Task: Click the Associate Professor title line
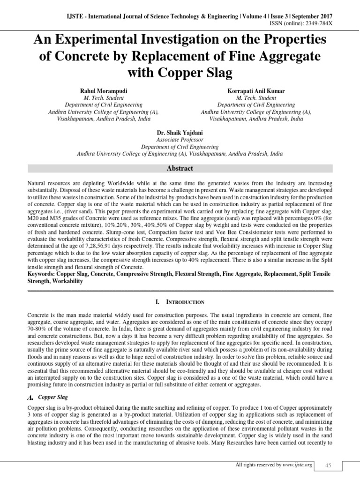pos(180,140)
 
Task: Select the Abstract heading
pos(180,168)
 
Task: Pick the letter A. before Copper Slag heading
pos(31,398)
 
